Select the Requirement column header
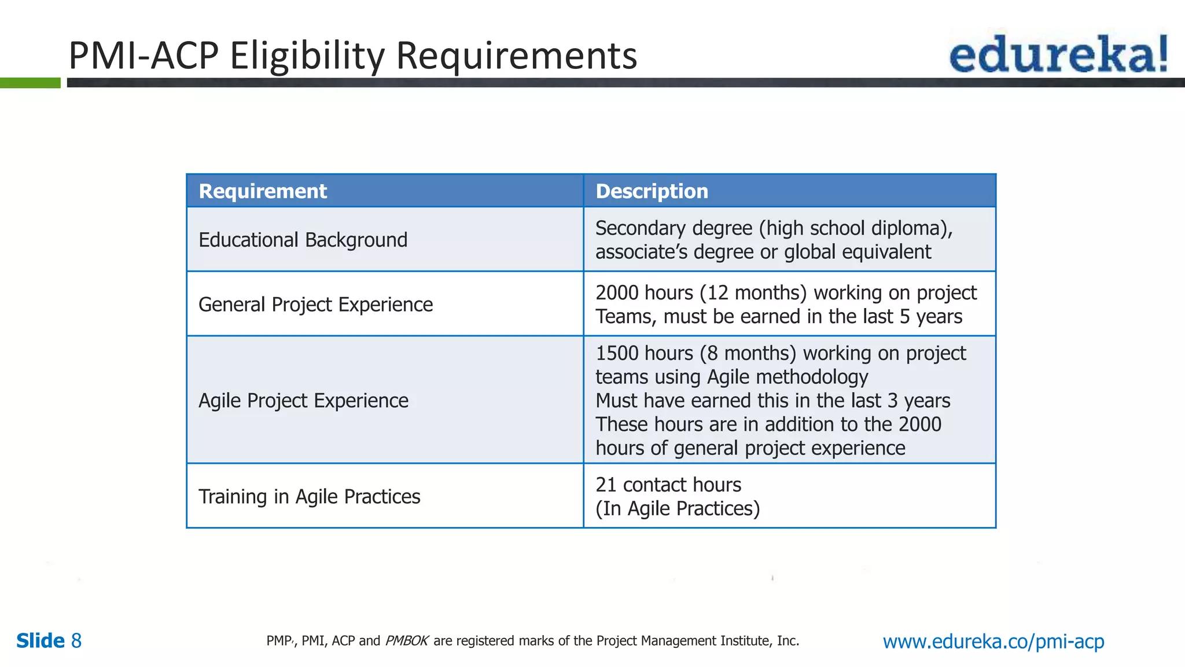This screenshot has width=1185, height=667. [263, 191]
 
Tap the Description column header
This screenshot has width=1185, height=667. [652, 191]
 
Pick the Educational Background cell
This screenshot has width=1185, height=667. [303, 240]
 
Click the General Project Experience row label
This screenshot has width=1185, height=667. [315, 305]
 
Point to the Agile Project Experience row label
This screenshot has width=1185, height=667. [303, 401]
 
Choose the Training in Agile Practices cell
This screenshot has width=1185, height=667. [309, 497]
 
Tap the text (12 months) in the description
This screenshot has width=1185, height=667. [753, 293]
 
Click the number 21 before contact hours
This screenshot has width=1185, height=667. [606, 485]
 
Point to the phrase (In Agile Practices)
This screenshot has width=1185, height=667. [678, 508]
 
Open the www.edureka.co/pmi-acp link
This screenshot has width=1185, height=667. [993, 641]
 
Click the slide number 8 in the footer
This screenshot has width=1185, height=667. [76, 641]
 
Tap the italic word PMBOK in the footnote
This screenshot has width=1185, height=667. [406, 641]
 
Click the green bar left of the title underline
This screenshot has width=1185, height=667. [30, 83]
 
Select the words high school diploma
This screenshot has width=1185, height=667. [855, 228]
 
